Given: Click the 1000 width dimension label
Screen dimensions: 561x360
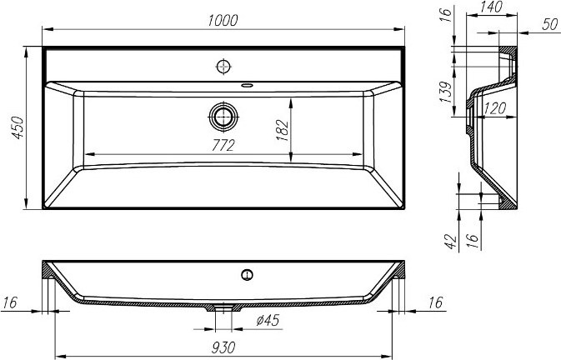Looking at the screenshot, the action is pyautogui.click(x=223, y=21).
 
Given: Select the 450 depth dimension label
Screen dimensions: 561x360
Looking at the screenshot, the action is pyautogui.click(x=18, y=127).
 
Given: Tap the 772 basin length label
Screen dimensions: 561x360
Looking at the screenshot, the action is pyautogui.click(x=223, y=145).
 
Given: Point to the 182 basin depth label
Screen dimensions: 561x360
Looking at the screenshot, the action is pyautogui.click(x=283, y=130).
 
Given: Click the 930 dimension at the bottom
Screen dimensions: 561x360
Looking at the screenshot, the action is pyautogui.click(x=223, y=347).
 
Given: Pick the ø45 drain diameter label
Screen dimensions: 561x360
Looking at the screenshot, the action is pyautogui.click(x=268, y=320).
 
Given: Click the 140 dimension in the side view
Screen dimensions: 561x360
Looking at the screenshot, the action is pyautogui.click(x=492, y=7).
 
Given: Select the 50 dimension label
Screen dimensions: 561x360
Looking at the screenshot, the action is pyautogui.click(x=550, y=24).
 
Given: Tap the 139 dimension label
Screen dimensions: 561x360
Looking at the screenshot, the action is pyautogui.click(x=446, y=92).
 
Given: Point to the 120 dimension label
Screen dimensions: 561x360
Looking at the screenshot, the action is pyautogui.click(x=495, y=108).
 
